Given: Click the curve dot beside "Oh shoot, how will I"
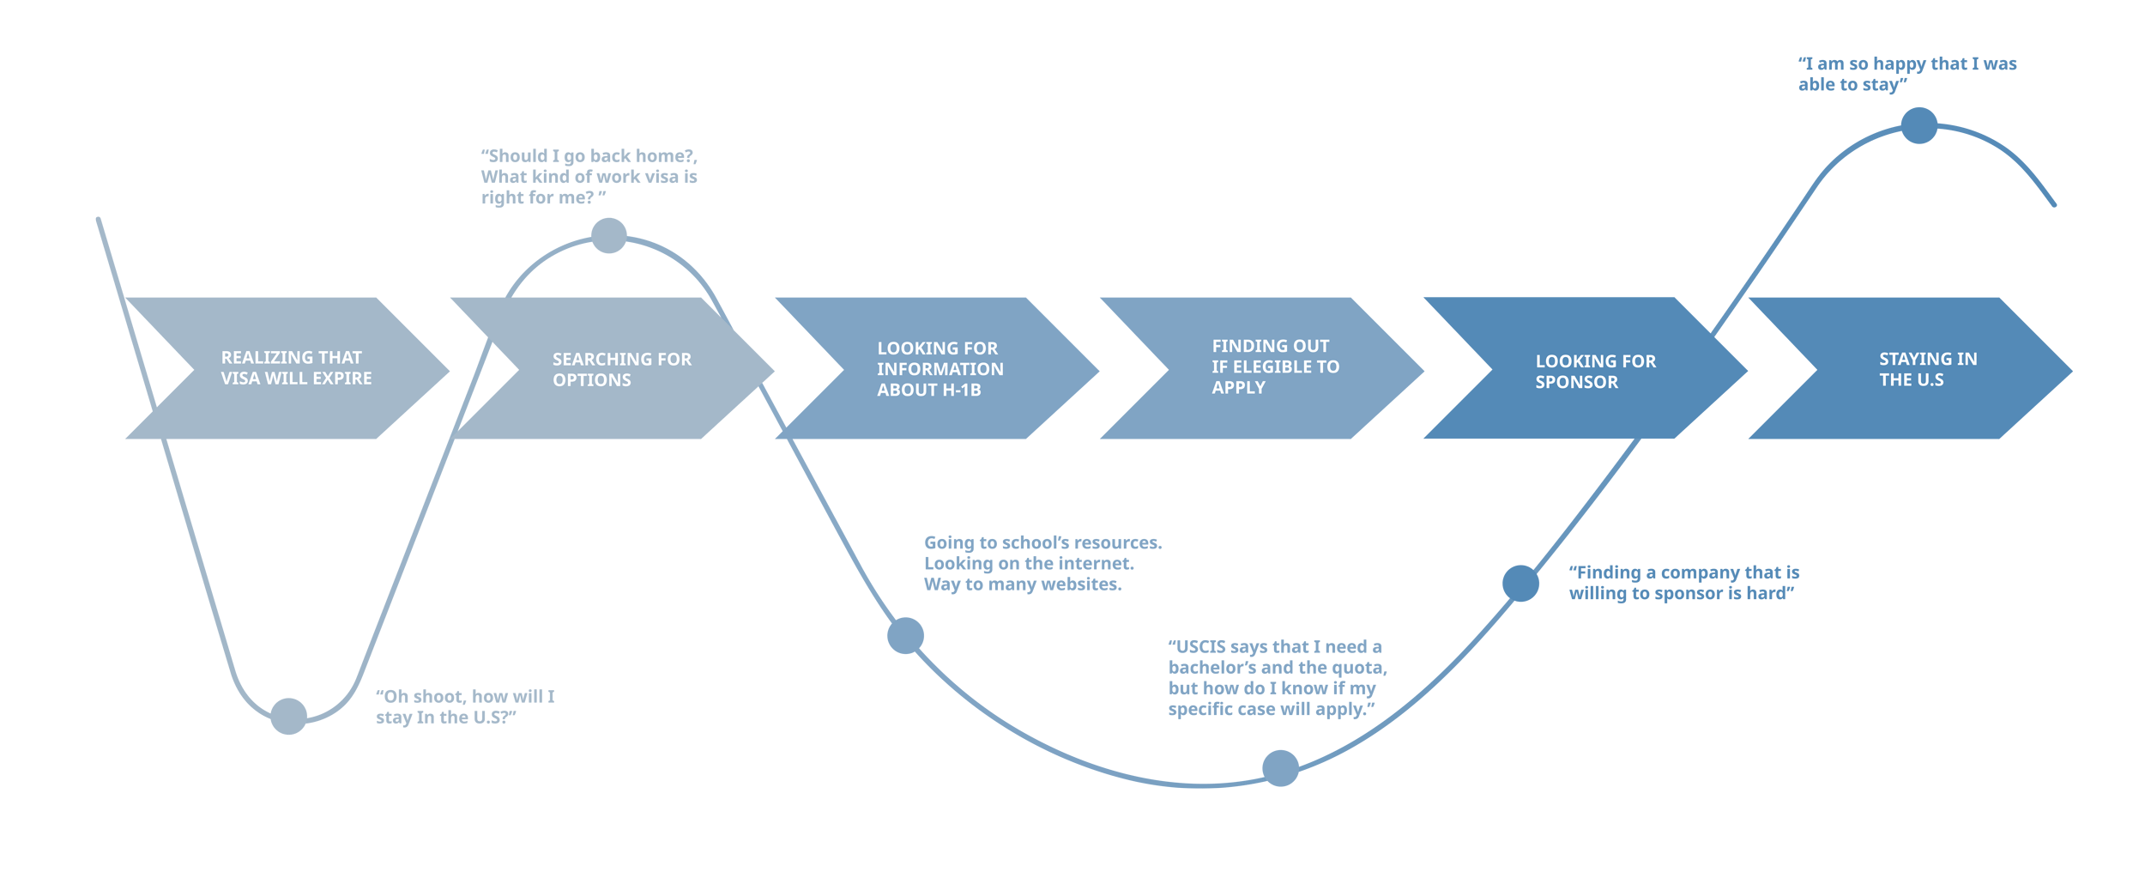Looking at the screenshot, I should (288, 716).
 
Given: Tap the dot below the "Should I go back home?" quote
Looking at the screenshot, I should (608, 235).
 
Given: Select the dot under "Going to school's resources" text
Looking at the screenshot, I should (905, 635).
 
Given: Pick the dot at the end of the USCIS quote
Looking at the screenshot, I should (1280, 767).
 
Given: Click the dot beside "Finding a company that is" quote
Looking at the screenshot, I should (1520, 583).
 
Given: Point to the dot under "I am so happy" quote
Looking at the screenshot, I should (1919, 125).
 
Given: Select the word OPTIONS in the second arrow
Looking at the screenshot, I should (591, 380).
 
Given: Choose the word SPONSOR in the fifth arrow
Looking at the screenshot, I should (1576, 382).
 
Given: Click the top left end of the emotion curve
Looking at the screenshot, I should (100, 221).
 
